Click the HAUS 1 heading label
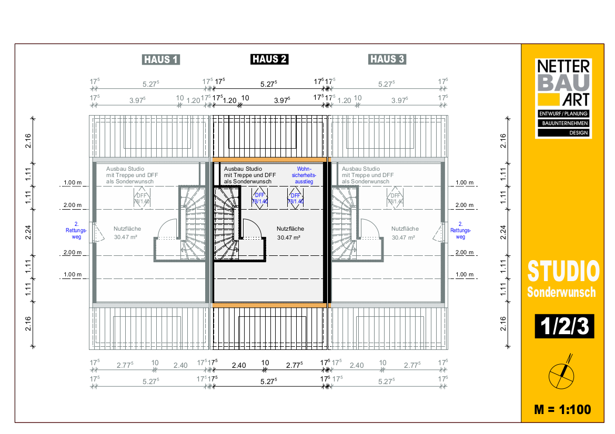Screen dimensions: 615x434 click(x=161, y=59)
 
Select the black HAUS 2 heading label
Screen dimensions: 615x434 click(x=269, y=59)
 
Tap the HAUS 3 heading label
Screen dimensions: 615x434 click(x=387, y=59)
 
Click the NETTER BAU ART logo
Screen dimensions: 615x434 click(x=563, y=98)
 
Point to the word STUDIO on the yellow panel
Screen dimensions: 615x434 click(x=563, y=271)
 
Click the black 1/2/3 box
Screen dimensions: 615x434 click(x=564, y=326)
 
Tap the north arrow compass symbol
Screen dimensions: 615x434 click(x=562, y=373)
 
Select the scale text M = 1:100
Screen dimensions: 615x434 click(x=562, y=410)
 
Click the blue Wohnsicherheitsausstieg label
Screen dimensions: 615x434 click(x=304, y=175)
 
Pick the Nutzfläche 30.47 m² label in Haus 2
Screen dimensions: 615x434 click(x=290, y=233)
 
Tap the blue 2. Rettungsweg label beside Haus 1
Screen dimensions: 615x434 click(x=76, y=230)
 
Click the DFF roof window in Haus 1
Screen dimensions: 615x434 click(x=142, y=199)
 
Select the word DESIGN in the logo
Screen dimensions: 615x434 click(x=579, y=133)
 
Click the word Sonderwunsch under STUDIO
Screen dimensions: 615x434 click(x=561, y=292)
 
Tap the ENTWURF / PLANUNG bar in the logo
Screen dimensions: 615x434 click(x=563, y=113)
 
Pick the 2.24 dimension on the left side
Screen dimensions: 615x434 click(x=28, y=232)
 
